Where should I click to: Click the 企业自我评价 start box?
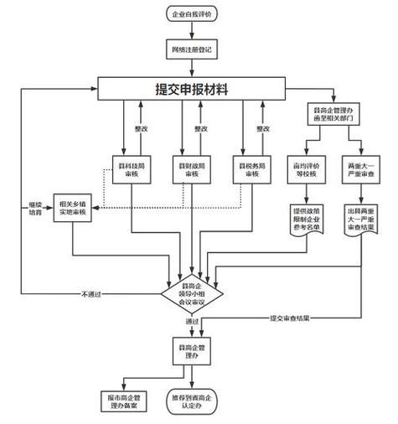click(193, 14)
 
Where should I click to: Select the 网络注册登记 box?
click(193, 51)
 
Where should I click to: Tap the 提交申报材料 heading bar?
click(193, 89)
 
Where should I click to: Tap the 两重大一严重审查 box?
click(362, 169)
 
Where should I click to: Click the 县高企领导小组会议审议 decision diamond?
click(193, 292)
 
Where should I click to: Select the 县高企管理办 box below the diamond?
click(193, 350)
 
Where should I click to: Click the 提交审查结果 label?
click(291, 318)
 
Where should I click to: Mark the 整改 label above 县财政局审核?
click(200, 129)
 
